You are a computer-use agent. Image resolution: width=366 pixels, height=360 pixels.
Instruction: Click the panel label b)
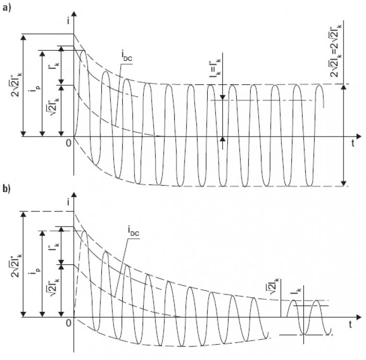7,188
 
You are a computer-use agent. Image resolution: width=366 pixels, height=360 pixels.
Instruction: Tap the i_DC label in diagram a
127,57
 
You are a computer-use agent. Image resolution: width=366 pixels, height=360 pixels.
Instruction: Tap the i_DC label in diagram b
133,231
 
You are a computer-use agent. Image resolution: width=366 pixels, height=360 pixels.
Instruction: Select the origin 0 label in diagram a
68,143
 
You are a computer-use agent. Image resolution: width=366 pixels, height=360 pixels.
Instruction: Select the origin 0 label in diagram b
68,323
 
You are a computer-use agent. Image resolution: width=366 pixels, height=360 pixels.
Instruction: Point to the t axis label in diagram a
353,143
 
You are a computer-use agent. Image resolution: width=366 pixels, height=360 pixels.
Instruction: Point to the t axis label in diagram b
350,324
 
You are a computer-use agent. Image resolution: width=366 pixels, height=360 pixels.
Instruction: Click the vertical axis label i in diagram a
68,21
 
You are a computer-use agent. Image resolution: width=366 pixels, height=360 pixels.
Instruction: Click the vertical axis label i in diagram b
68,202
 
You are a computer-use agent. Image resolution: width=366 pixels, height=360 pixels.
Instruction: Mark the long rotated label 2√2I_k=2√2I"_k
335,50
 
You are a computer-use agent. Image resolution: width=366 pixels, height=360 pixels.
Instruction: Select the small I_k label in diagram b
296,291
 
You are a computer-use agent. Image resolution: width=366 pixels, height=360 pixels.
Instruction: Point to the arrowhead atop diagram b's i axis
74,195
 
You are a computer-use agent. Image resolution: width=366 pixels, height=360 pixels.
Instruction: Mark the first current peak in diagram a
84,51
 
